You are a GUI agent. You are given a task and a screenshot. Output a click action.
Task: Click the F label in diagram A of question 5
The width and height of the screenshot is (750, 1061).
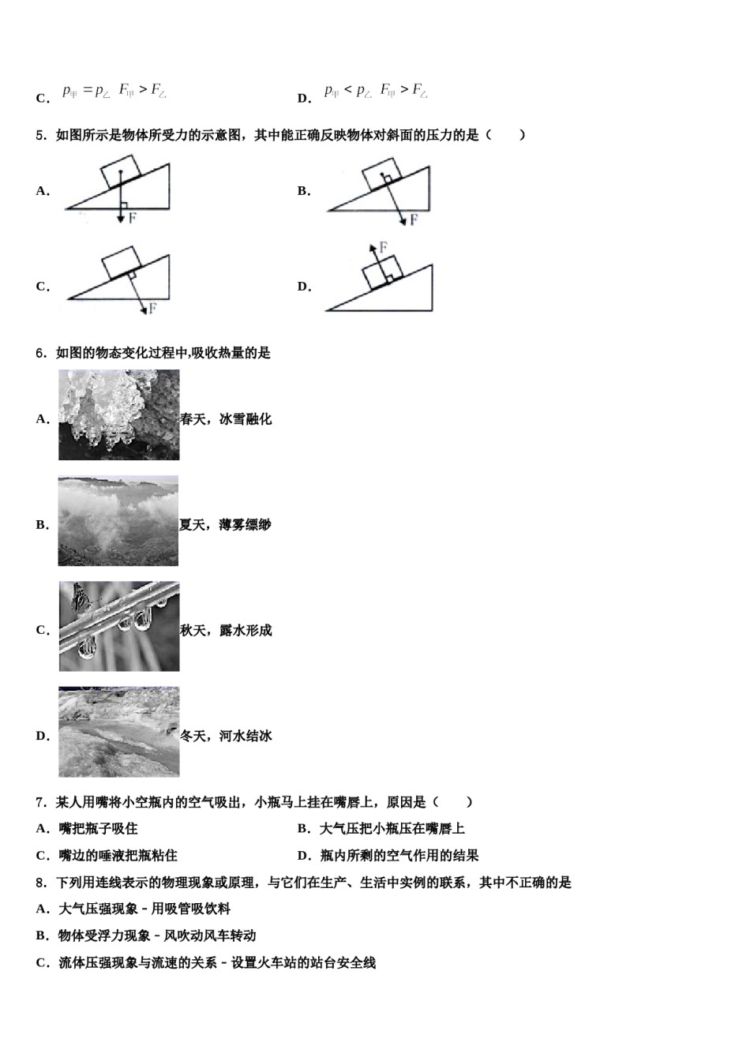pos(132,217)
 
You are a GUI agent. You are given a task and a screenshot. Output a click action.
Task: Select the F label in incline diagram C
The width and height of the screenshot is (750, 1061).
pos(152,308)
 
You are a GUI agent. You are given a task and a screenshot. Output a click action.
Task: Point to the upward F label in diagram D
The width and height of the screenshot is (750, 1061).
pos(383,247)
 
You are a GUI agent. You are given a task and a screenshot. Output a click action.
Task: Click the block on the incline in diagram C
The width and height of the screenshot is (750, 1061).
pos(122,262)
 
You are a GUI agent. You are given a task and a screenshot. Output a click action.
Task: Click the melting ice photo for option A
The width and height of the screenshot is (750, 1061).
pos(118,415)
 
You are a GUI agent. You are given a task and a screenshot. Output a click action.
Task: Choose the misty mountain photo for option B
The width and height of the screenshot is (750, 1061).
pos(118,521)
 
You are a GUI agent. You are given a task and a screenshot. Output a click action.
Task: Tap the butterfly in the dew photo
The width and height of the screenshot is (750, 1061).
pos(79,599)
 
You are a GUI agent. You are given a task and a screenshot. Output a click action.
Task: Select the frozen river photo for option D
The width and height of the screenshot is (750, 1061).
pos(118,732)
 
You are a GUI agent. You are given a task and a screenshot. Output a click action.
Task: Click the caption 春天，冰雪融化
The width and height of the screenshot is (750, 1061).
pos(226,419)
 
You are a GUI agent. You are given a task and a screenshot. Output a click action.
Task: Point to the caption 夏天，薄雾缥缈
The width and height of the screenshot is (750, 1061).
pos(225,525)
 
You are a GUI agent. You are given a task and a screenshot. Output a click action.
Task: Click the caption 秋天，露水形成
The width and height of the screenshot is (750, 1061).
pos(226,631)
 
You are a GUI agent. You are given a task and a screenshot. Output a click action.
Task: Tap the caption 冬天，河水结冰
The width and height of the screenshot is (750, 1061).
pos(226,736)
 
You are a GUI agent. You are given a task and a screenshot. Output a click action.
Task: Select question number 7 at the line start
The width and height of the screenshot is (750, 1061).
pos(41,802)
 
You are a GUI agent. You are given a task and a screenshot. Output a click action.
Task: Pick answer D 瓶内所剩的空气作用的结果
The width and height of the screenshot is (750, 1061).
pos(399,855)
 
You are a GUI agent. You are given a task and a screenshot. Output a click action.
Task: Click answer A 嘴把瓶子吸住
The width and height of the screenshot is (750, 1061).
pos(98,828)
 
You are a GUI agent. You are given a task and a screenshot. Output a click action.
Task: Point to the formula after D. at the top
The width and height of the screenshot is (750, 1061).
pos(376,91)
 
